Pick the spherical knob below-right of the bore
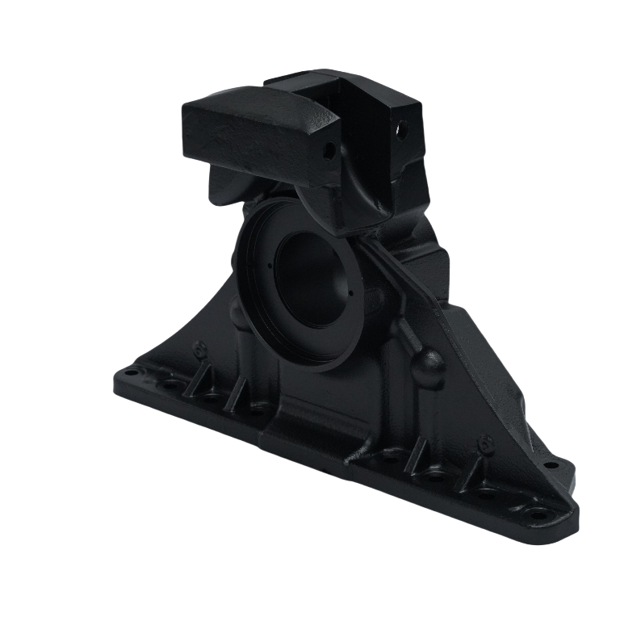(x=427, y=365)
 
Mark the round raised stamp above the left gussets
(x=199, y=348)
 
